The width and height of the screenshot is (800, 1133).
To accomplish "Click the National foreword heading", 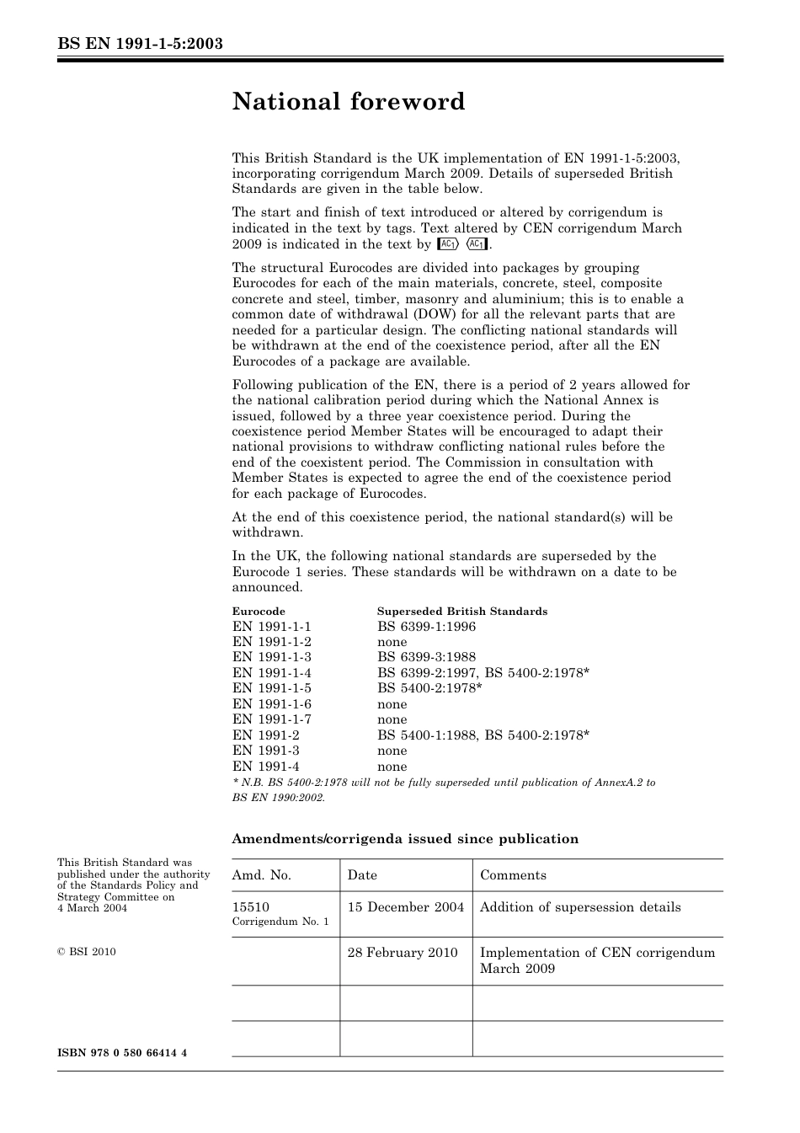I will click(x=348, y=102).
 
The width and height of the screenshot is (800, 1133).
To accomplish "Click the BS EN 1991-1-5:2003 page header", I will click(x=140, y=43).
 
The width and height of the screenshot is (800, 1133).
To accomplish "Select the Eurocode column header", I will click(x=259, y=612).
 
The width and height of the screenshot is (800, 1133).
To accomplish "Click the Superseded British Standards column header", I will click(x=461, y=612).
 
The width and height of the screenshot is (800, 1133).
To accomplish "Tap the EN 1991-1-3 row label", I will click(x=271, y=657).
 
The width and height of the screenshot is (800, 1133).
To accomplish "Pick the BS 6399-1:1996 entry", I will click(x=426, y=627).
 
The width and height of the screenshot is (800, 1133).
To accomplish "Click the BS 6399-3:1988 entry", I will click(x=426, y=657).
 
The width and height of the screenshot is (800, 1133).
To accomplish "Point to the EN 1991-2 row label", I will click(x=265, y=735).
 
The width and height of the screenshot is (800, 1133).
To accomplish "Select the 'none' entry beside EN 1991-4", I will click(x=392, y=767).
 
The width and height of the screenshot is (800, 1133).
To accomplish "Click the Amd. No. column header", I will click(x=261, y=875).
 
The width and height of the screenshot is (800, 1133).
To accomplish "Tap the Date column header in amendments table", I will click(x=362, y=875).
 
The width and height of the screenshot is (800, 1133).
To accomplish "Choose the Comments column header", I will click(x=513, y=875).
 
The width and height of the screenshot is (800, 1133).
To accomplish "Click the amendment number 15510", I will click(x=250, y=907).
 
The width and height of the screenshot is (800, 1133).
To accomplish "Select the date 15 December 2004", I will click(x=405, y=907).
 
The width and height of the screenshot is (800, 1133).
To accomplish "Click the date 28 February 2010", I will click(x=402, y=953).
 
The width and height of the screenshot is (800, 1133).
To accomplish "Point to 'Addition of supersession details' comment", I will click(x=580, y=907).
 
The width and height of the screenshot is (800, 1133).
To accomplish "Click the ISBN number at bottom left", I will click(x=122, y=1054).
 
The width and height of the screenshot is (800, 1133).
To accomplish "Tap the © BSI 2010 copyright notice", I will click(x=87, y=952).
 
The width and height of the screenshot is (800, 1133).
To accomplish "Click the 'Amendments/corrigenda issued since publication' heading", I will click(x=405, y=839).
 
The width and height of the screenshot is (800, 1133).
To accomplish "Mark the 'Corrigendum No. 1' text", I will click(x=280, y=922).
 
